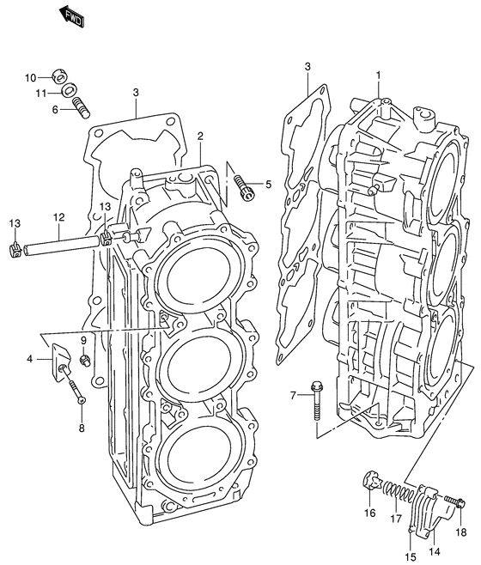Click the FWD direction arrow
coord(72,16)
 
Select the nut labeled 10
coord(60,76)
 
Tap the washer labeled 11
coord(68,90)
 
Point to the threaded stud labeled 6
coord(81,107)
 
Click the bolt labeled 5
coord(244,185)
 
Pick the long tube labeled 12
coord(61,246)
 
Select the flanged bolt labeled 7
coord(317,401)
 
